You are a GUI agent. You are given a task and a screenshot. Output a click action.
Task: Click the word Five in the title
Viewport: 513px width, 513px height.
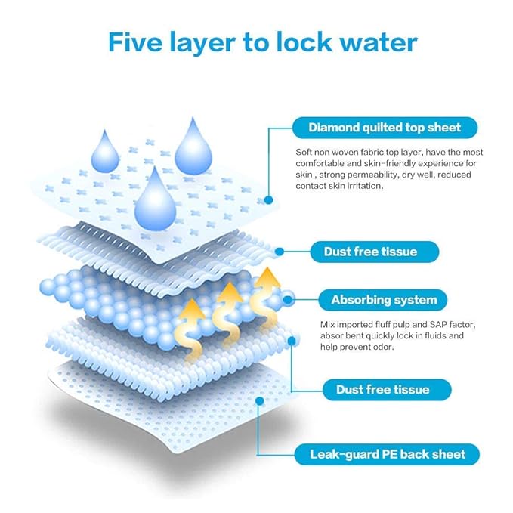tap(135, 42)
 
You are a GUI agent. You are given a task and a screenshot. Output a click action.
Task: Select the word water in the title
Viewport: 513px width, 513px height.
tap(379, 43)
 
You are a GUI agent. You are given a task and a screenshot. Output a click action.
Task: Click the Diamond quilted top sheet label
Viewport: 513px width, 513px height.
tap(385, 127)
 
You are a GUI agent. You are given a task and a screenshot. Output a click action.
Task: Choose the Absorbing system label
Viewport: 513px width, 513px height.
tap(383, 300)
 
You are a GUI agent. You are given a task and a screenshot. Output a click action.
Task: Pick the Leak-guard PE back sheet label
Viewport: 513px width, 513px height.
tap(387, 454)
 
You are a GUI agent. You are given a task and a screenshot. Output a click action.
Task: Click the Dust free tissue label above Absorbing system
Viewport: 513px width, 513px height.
tap(374, 252)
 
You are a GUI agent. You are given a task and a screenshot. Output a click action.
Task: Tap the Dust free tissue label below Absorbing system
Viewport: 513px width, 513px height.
tap(387, 389)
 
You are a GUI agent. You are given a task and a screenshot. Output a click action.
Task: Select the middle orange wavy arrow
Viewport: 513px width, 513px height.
tap(228, 314)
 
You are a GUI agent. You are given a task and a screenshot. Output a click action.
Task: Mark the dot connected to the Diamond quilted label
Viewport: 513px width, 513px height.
tap(268, 200)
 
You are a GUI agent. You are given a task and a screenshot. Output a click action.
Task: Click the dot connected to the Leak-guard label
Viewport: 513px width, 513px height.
tap(260, 401)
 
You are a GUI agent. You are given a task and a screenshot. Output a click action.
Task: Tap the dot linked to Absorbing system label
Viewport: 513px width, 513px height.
tap(288, 300)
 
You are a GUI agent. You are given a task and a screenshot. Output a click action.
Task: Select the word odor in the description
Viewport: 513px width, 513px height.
tap(384, 347)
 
